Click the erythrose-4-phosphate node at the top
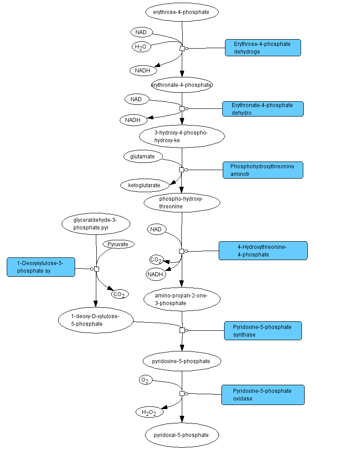pyautogui.click(x=182, y=12)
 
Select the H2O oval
pyautogui.click(x=141, y=47)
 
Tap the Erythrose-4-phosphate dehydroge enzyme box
pyautogui.click(x=263, y=48)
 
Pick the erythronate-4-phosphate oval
pyautogui.click(x=182, y=85)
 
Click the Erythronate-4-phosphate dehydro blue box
pyautogui.click(x=263, y=109)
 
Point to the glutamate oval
pyautogui.click(x=143, y=157)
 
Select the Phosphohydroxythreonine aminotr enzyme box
pyautogui.click(x=263, y=170)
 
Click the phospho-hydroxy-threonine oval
pyautogui.click(x=182, y=202)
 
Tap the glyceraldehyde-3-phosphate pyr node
pyautogui.click(x=95, y=224)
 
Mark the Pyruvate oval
pyautogui.click(x=118, y=244)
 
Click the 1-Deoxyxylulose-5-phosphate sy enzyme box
pyautogui.click(x=41, y=267)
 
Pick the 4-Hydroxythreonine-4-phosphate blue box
pyautogui.click(x=263, y=251)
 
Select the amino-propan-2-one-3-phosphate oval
pyautogui.click(x=182, y=299)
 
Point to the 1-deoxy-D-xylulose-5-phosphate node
pyautogui.click(x=96, y=320)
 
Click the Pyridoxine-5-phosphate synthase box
pyautogui.click(x=263, y=331)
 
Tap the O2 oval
pyautogui.click(x=145, y=380)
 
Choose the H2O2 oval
pyautogui.click(x=149, y=412)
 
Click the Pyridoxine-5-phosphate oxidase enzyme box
pyautogui.click(x=263, y=395)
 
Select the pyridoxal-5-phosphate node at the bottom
pyautogui.click(x=182, y=435)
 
